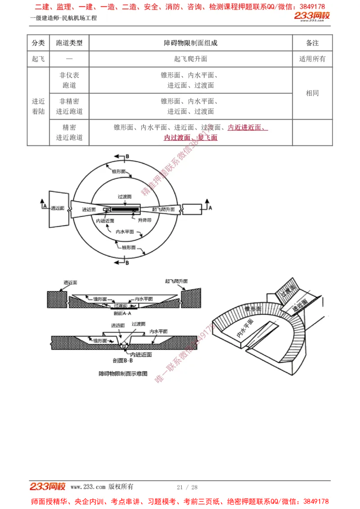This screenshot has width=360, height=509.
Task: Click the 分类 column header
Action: pyautogui.click(x=38, y=43)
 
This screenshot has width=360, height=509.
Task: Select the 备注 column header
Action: pyautogui.click(x=312, y=43)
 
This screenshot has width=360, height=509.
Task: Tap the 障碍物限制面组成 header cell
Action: pyautogui.click(x=190, y=43)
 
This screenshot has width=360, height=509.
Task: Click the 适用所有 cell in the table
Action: pyautogui.click(x=312, y=59)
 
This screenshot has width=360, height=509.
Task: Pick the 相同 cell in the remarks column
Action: pyautogui.click(x=312, y=93)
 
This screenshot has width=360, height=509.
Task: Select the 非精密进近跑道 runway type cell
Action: pyautogui.click(x=69, y=107)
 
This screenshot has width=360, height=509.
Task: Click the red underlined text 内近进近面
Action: pyautogui.click(x=247, y=127)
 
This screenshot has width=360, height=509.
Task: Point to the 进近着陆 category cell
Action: pyautogui.click(x=38, y=107)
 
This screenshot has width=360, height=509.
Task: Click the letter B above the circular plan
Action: pyautogui.click(x=127, y=156)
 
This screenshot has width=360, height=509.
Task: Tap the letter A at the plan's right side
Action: pyautogui.click(x=210, y=207)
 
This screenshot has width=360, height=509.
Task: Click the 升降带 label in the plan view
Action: pyautogui.click(x=144, y=220)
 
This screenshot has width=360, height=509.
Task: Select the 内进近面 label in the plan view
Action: pyautogui.click(x=105, y=221)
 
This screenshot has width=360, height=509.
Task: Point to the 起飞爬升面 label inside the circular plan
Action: pyautogui.click(x=163, y=210)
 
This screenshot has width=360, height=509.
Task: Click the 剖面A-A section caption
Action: pyautogui.click(x=122, y=313)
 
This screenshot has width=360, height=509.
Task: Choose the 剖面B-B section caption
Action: pyautogui.click(x=122, y=361)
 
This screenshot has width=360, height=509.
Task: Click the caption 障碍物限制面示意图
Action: pyautogui.click(x=123, y=373)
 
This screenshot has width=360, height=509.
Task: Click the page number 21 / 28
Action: pyautogui.click(x=187, y=487)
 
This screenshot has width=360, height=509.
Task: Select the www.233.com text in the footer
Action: pyautogui.click(x=88, y=487)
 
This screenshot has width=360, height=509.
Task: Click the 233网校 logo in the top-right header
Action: pyautogui.click(x=312, y=16)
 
